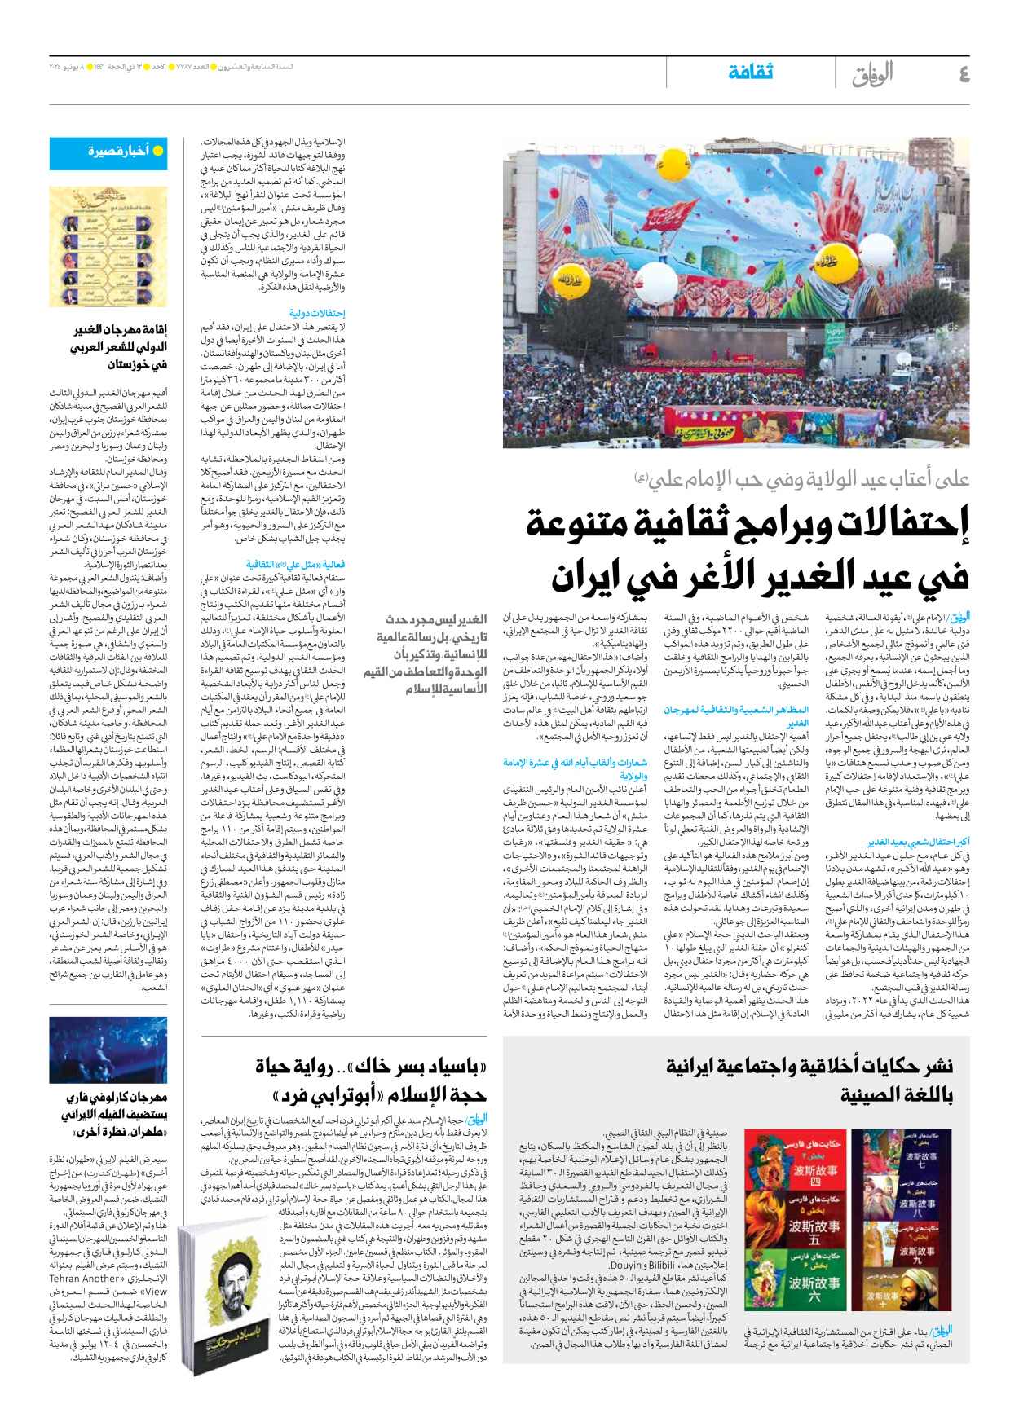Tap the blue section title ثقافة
click(750, 72)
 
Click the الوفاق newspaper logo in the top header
click(871, 74)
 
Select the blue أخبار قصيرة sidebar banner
click(108, 152)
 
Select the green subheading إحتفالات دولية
click(317, 313)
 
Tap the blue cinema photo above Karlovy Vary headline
click(108, 1050)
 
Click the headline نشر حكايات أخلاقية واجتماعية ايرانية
click(808, 1066)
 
